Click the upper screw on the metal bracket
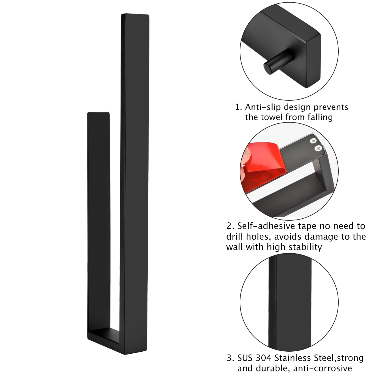click(x=314, y=140)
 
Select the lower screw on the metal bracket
click(x=318, y=149)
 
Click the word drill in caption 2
click(x=235, y=237)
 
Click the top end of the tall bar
click(x=135, y=14)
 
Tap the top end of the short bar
click(x=98, y=113)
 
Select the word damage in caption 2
click(x=317, y=237)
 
